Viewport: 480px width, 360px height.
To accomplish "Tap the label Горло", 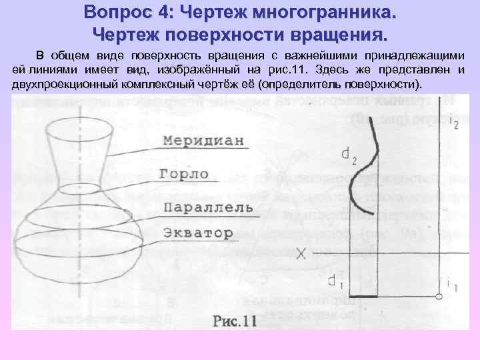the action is tap(185, 174).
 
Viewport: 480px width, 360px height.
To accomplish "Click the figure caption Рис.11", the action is tap(235, 321).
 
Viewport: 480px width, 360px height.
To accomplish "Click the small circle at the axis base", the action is tap(439, 296).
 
